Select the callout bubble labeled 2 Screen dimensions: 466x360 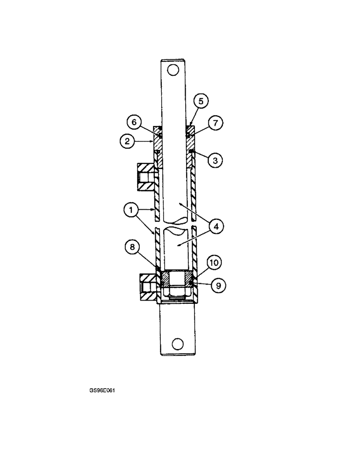[x=127, y=141]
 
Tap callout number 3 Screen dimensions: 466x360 [x=215, y=160]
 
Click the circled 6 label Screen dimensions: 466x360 [x=134, y=122]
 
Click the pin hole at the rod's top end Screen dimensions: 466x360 [x=173, y=70]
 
